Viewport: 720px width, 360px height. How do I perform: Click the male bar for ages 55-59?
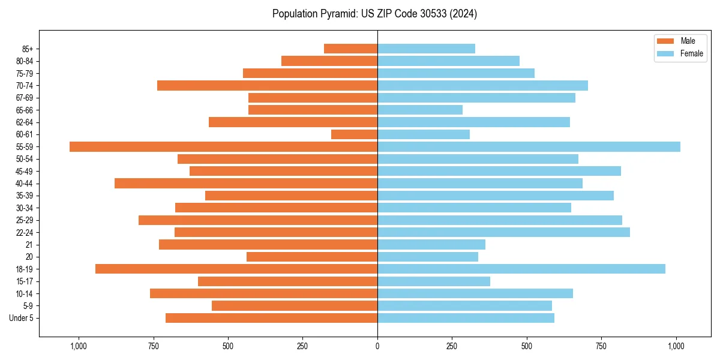(x=223, y=146)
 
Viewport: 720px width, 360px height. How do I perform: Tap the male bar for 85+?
(x=350, y=49)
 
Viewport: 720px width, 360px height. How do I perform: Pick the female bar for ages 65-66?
(x=420, y=110)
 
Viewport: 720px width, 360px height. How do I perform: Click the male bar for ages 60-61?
(x=354, y=134)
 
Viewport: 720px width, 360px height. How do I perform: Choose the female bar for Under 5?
(x=466, y=318)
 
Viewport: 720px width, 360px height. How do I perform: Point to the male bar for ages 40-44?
(x=246, y=183)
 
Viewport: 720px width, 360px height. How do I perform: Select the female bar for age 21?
(x=431, y=244)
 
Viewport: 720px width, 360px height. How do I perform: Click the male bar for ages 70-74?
(x=267, y=85)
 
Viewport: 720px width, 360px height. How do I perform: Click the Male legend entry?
(x=688, y=41)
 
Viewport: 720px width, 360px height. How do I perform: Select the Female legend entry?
(x=691, y=53)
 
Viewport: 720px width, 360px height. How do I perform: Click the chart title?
(x=374, y=14)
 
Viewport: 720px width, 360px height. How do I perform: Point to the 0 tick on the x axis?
(x=377, y=346)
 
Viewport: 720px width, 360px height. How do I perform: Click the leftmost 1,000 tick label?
(x=79, y=346)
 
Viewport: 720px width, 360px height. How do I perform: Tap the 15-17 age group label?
(x=25, y=281)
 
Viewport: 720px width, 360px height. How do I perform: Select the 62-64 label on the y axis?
(x=25, y=122)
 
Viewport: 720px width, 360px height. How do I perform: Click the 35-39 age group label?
(x=25, y=196)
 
